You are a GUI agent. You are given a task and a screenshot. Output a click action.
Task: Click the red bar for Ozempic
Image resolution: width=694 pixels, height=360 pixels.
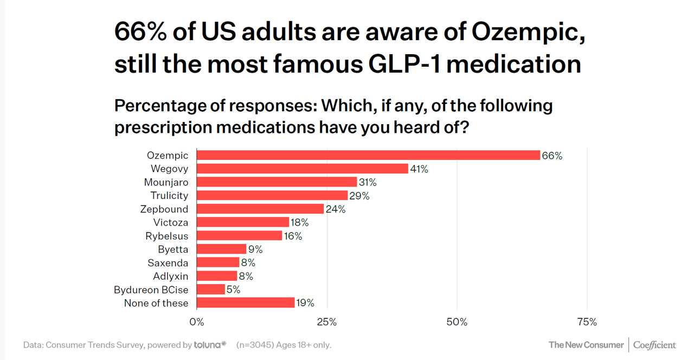368,155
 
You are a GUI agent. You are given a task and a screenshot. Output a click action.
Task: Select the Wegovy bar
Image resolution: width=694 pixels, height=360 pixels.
302,169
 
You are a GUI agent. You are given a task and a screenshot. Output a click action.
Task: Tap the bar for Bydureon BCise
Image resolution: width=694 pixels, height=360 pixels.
210,290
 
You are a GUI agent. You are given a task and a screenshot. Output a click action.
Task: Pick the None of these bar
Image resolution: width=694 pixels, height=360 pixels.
245,303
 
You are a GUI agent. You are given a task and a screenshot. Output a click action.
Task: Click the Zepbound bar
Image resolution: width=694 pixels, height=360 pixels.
260,209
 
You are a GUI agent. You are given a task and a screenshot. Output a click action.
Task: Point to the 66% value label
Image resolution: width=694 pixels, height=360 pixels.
552,156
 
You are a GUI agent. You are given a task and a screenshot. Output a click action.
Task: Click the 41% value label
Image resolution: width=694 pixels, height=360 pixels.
419,169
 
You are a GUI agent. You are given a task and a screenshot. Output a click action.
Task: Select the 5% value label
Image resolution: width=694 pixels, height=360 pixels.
234,290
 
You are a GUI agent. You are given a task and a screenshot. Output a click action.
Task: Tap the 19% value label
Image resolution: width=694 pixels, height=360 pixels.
305,303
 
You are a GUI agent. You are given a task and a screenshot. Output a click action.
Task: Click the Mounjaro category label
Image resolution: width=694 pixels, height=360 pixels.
166,182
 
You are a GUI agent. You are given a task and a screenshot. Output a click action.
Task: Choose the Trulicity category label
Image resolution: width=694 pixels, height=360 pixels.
169,196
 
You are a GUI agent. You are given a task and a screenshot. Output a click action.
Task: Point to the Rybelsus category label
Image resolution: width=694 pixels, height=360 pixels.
166,236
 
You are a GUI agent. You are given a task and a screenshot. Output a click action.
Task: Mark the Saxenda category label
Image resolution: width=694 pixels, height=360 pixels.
168,263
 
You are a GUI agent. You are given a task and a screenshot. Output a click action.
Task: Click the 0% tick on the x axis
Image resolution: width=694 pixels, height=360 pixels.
196,322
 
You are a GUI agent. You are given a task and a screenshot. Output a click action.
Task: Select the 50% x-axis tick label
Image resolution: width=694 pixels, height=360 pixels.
457,322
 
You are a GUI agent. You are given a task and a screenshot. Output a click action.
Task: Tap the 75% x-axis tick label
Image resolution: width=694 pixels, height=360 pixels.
587,322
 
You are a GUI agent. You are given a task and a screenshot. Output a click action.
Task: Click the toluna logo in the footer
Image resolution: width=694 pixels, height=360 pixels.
210,345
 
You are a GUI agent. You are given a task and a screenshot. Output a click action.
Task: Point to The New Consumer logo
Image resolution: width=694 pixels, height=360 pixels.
586,345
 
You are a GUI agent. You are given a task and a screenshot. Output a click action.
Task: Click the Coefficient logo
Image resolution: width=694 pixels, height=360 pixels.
654,345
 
